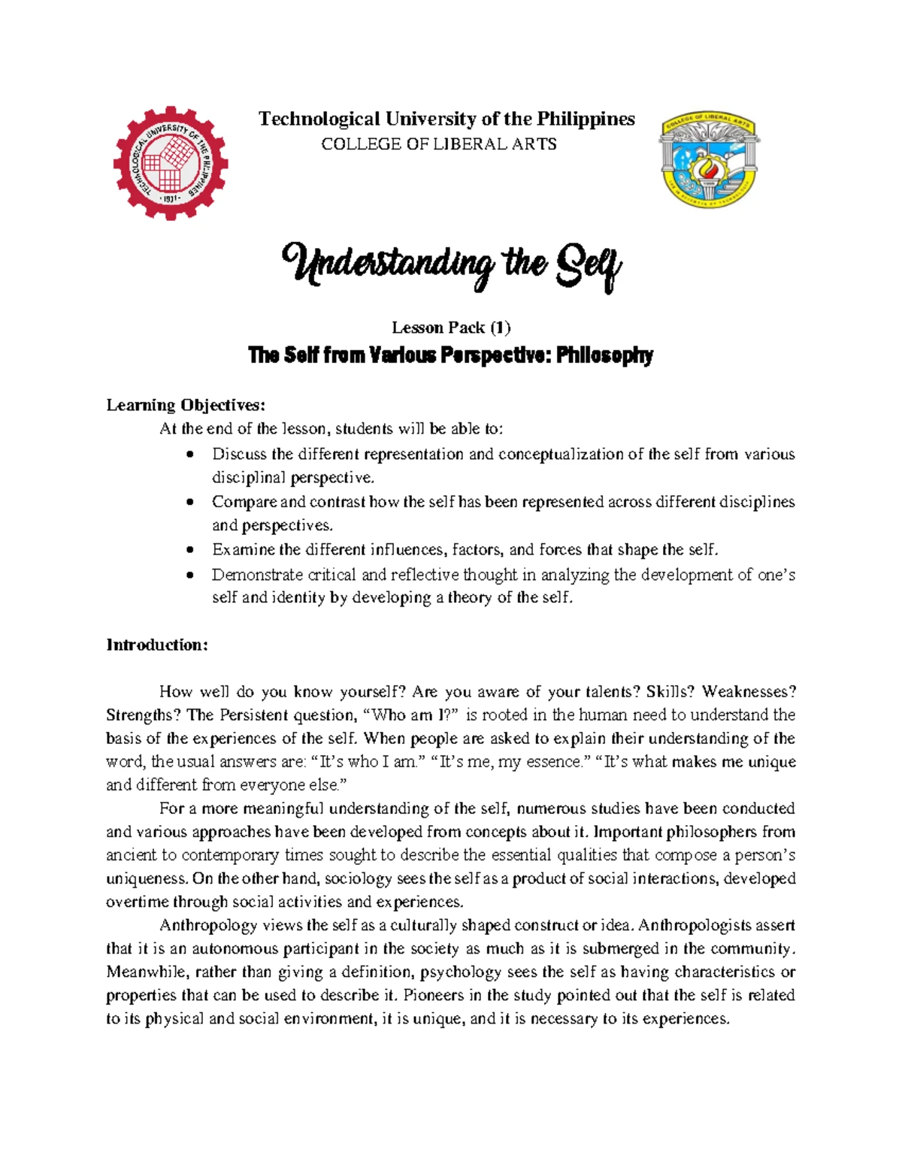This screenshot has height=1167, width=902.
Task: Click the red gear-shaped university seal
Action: point(171,163)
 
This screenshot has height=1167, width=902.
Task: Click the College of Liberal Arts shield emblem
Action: point(709,160)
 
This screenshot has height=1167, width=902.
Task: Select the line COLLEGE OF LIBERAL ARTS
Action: point(439,144)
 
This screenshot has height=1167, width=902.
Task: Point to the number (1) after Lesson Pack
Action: point(500,328)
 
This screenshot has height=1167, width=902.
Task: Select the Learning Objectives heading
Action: point(186,405)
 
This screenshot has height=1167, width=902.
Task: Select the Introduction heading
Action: point(156,645)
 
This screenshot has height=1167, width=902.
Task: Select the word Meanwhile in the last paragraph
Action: point(147,972)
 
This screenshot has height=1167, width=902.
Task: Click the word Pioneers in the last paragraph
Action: point(439,995)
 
